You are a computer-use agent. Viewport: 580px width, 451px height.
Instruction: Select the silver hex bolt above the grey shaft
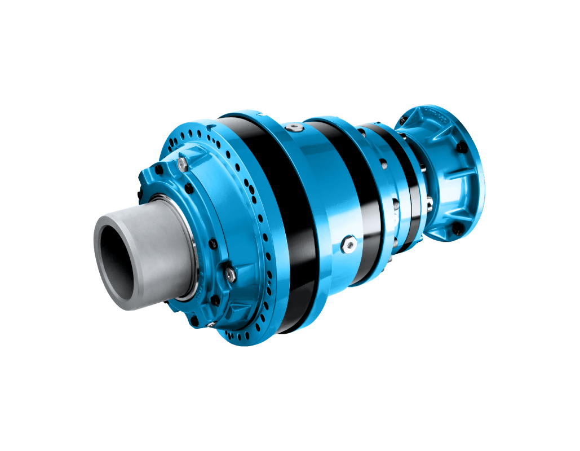point(182,164)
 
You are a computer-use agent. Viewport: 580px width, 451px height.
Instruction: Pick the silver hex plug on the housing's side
point(347,245)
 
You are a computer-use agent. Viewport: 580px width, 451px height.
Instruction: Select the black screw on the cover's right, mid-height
point(213,244)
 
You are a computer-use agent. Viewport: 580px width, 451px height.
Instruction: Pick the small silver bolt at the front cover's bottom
point(210,324)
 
